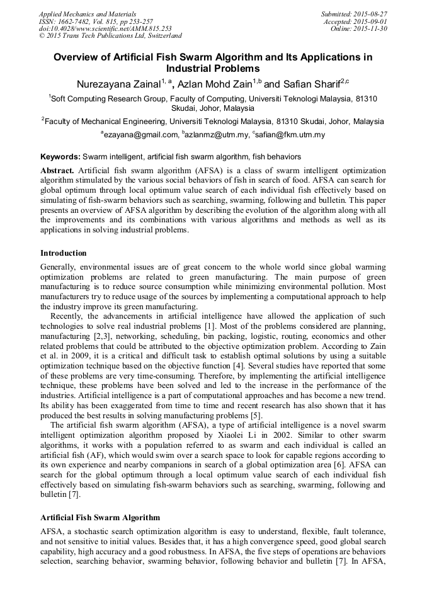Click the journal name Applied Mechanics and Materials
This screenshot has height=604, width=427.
(87, 13)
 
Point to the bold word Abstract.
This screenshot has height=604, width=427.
(57, 171)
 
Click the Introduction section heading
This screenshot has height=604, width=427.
(64, 253)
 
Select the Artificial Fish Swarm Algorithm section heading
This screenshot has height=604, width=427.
(100, 517)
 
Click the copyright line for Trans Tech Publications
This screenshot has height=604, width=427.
(110, 36)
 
